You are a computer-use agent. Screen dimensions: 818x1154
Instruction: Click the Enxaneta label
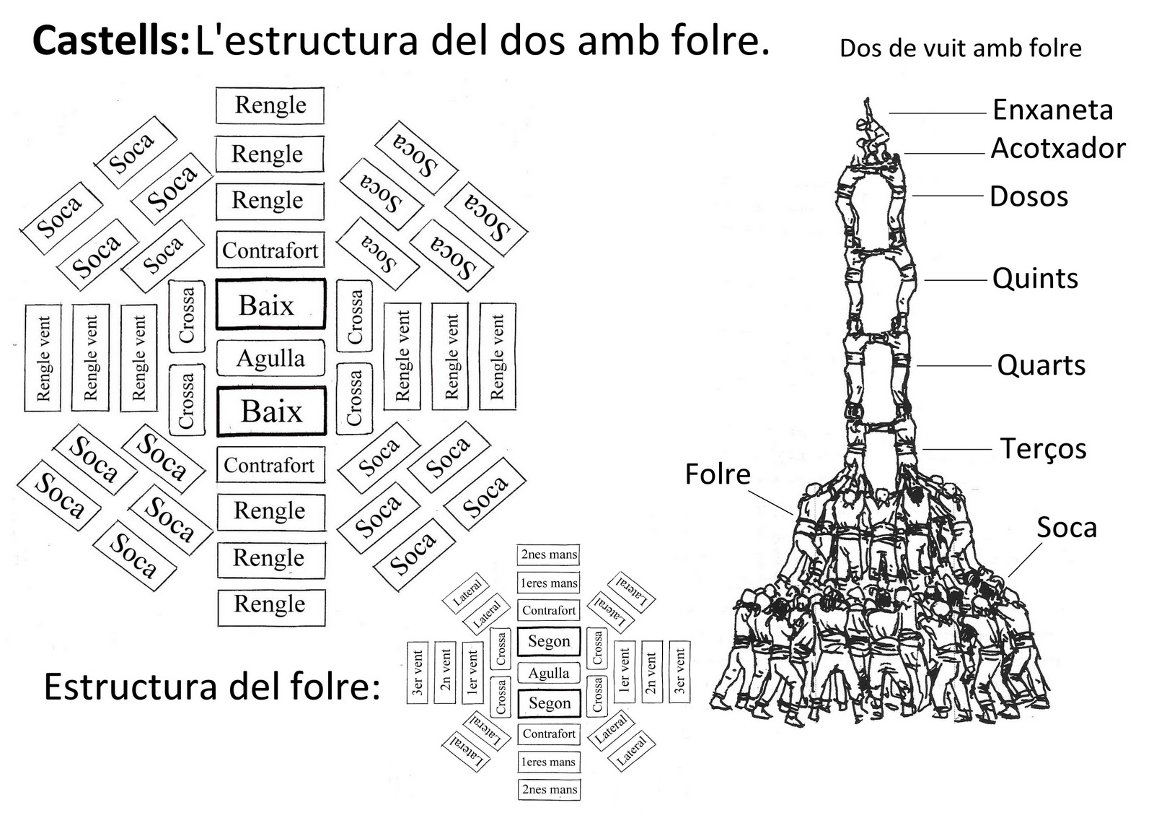1052,110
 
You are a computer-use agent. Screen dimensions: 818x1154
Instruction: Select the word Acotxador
1057,149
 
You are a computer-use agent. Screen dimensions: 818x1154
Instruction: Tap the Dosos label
1029,196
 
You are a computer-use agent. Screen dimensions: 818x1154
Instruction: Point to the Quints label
1035,279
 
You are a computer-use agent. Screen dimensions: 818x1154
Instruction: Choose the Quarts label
1041,365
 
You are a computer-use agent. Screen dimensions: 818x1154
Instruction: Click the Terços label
1043,448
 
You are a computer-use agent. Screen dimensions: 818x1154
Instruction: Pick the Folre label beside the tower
718,474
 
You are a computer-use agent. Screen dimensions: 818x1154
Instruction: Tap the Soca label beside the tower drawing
1066,528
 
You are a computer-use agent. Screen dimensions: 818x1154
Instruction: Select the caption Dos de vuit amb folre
961,48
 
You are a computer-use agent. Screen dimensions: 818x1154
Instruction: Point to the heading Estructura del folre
211,686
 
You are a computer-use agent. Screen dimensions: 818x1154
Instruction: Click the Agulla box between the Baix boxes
270,358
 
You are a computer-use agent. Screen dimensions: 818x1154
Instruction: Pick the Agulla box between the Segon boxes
549,673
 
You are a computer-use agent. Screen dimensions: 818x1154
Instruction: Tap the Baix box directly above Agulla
270,305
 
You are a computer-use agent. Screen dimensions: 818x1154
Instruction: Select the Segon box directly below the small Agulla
549,703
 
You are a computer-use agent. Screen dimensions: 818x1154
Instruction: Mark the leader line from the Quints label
956,280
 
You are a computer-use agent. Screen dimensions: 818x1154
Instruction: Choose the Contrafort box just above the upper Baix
270,251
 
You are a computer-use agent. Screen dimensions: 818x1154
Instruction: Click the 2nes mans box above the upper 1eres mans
549,554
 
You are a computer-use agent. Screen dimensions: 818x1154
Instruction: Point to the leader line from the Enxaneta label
938,113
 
